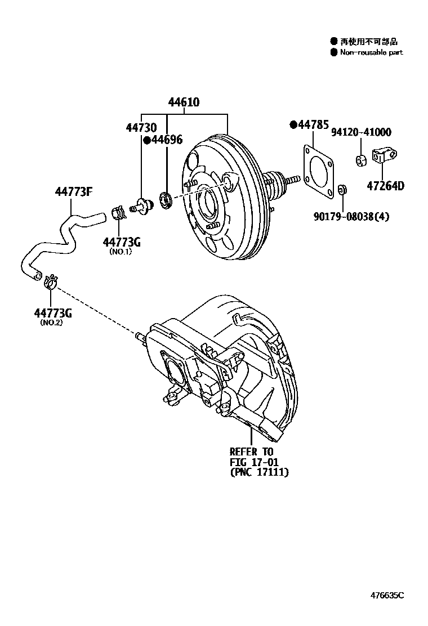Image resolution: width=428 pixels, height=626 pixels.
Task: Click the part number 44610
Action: point(184,102)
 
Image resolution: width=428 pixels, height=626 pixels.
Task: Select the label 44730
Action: point(141,127)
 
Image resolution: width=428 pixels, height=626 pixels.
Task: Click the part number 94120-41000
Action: point(361,132)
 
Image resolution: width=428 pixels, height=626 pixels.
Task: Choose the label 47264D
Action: point(385,186)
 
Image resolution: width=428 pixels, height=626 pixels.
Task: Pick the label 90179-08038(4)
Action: point(351,217)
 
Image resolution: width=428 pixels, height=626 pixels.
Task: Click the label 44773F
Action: point(74,192)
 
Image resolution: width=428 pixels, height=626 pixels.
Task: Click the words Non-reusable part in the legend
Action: point(371,52)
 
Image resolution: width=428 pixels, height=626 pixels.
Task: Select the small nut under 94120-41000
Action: point(361,160)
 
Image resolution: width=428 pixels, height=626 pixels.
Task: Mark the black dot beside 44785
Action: point(293,125)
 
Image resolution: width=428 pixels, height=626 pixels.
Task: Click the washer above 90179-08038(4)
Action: point(342,189)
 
